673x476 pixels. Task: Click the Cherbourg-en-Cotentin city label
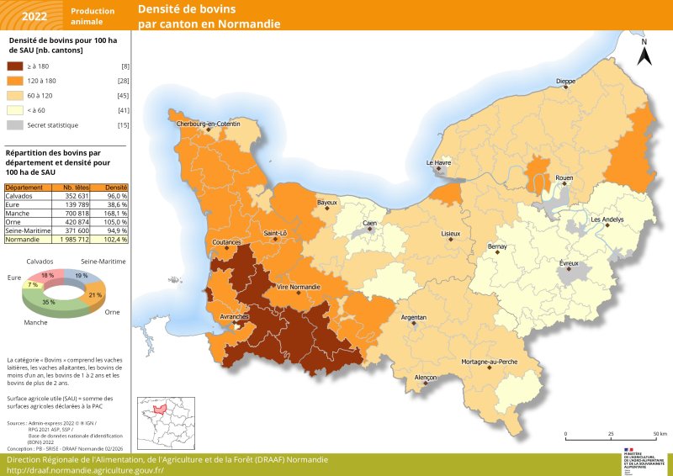(x=208, y=124)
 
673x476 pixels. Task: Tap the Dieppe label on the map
(x=565, y=82)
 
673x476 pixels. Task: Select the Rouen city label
(x=564, y=178)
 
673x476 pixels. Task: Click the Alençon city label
(x=426, y=378)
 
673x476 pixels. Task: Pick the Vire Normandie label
(x=298, y=288)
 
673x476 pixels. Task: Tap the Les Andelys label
(x=607, y=219)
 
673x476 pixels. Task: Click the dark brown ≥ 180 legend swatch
(x=14, y=66)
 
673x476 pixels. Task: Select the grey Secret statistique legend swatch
(x=14, y=124)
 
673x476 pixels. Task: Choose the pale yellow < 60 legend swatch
(x=14, y=110)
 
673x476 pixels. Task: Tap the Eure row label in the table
(x=13, y=205)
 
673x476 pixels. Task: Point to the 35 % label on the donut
(x=49, y=302)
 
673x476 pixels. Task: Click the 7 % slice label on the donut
(x=33, y=285)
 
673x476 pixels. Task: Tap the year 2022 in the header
(x=34, y=15)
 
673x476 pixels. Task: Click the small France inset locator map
(x=166, y=423)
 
